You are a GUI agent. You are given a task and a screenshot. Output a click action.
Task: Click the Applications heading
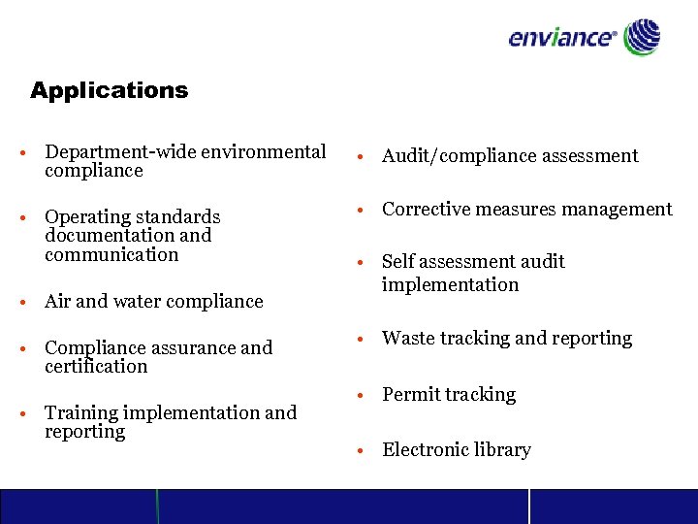pyautogui.click(x=109, y=91)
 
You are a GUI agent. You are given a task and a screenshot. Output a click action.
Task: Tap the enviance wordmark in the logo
pyautogui.click(x=561, y=39)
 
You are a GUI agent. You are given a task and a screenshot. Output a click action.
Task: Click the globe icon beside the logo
pyautogui.click(x=642, y=38)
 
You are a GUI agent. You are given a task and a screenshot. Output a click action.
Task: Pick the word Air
pyautogui.click(x=59, y=302)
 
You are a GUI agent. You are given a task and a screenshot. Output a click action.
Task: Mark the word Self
pyautogui.click(x=398, y=262)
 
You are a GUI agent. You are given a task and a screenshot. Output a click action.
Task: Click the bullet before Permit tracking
pyautogui.click(x=360, y=396)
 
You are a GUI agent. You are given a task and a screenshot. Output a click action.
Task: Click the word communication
pyautogui.click(x=111, y=255)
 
